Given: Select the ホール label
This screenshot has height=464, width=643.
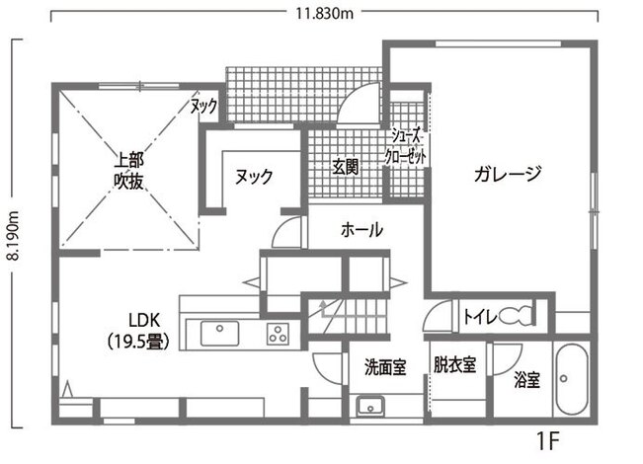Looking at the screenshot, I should coord(362,230).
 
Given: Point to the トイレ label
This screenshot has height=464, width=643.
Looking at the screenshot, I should coord(479,317).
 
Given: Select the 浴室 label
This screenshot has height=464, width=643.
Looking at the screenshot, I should coord(526,379).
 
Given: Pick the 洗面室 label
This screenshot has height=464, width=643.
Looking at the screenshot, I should coord(385,367).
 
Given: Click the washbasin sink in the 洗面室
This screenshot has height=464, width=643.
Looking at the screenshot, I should coord(371,406).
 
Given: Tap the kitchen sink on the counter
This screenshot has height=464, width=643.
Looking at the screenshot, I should coord(220,335).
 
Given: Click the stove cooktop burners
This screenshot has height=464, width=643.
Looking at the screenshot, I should coord(278,335).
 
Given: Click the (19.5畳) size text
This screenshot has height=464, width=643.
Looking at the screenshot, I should coord(143,342).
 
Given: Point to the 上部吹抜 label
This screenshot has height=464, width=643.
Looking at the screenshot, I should coord(126,170).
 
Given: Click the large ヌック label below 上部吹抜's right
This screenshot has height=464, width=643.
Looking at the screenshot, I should coord(254,176).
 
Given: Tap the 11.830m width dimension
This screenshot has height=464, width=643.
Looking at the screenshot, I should coord(324,13).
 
